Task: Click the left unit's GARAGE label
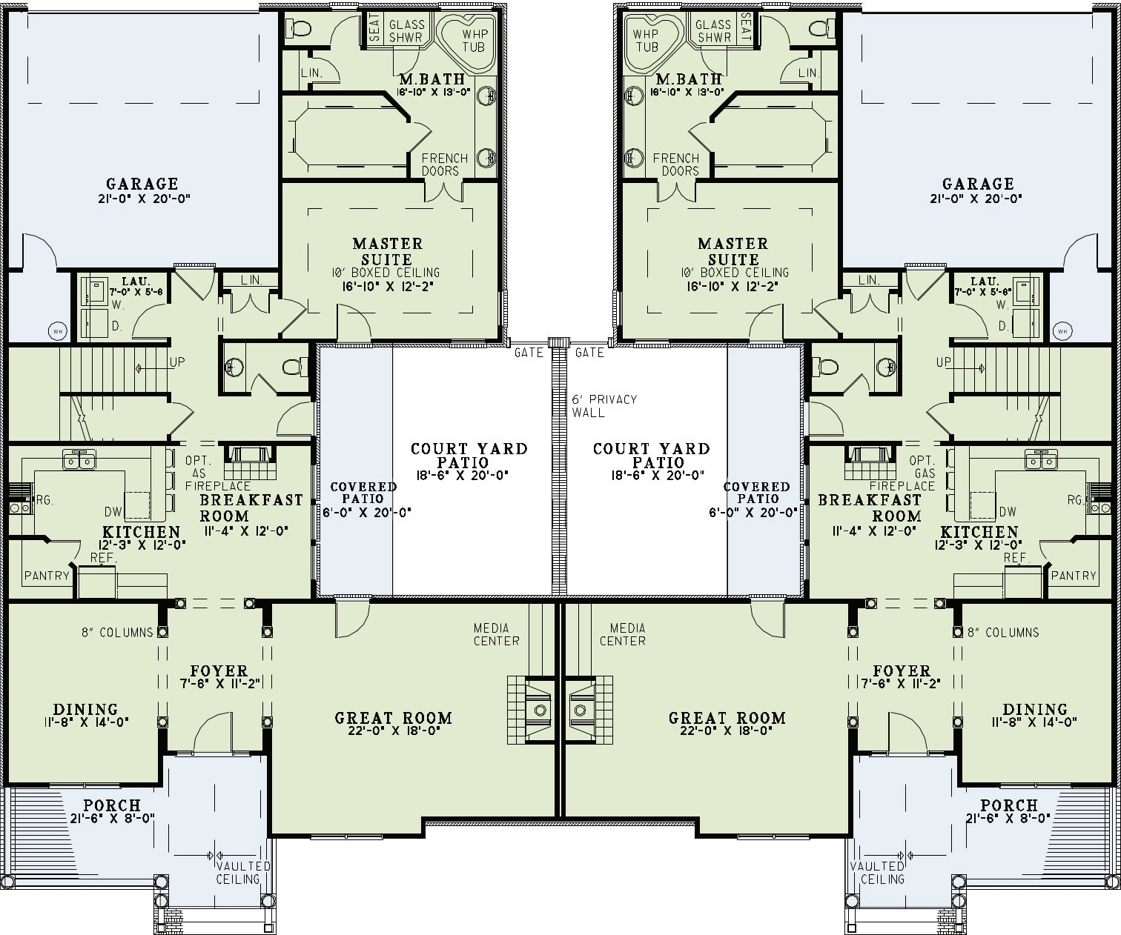point(142,184)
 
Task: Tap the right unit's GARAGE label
point(978,184)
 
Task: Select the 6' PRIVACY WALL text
point(604,406)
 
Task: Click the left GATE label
point(529,353)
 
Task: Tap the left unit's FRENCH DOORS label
point(445,164)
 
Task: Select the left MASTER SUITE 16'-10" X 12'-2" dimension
point(388,287)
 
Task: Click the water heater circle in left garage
point(57,331)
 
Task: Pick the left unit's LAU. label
point(136,282)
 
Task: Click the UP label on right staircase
point(943,362)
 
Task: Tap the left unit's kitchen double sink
point(79,460)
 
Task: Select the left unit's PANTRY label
point(47,576)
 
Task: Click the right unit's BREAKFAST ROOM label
point(870,508)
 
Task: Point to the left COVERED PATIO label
point(363,493)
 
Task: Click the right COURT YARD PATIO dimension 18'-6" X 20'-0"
point(658,475)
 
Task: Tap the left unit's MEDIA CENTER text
point(497,634)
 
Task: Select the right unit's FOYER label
point(902,671)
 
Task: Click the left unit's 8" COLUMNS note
point(118,633)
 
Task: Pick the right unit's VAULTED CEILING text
point(877,873)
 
